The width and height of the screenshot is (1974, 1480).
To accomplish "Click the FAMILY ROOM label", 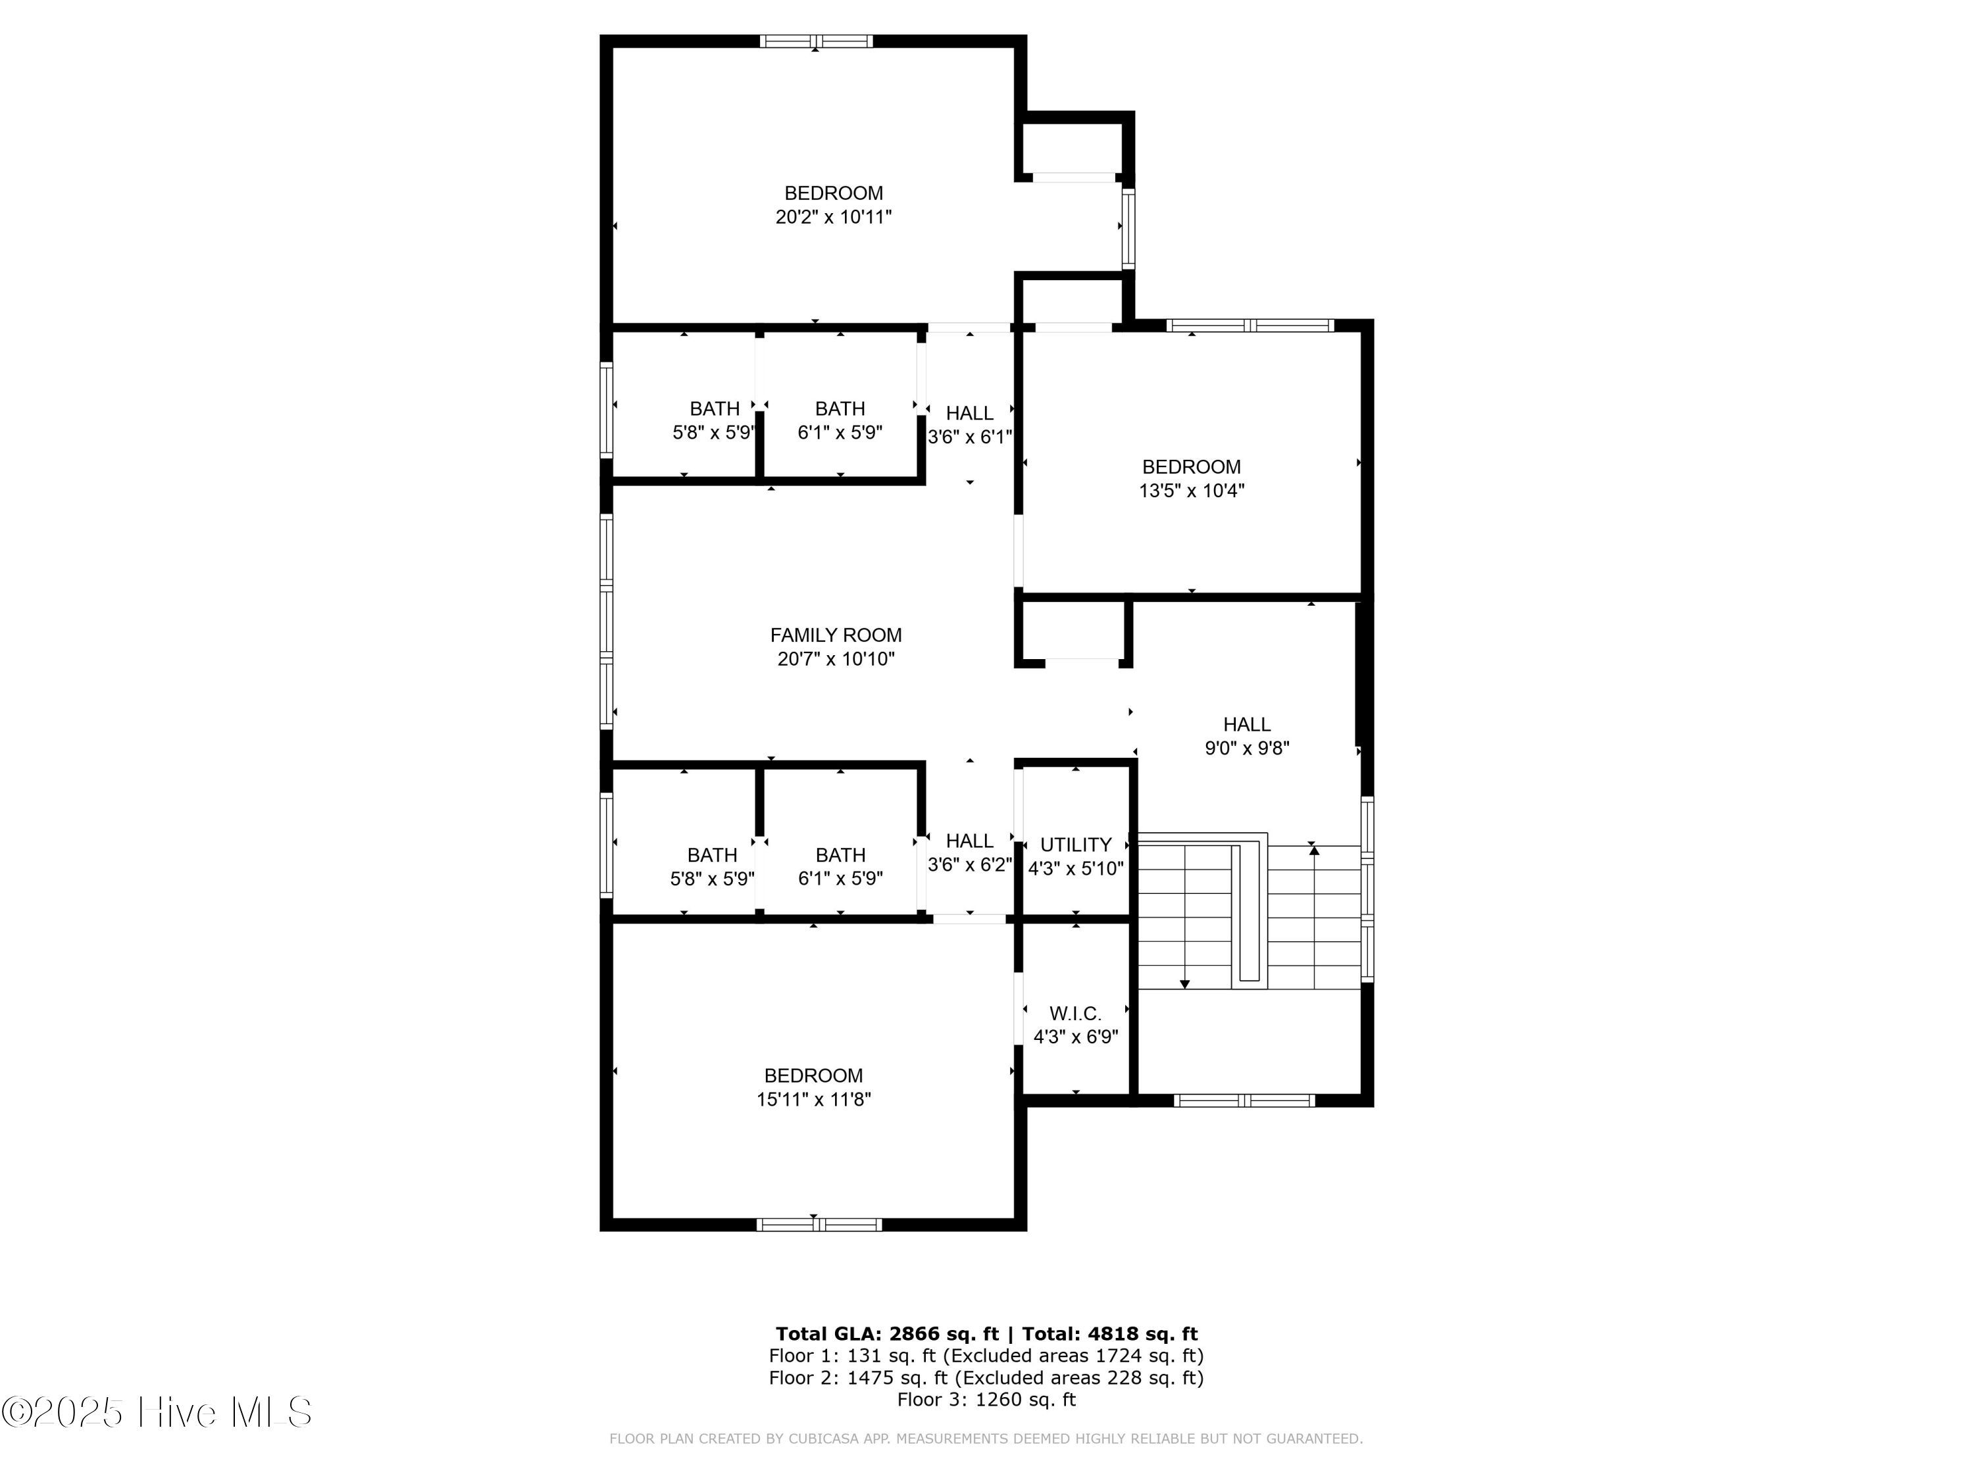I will point(835,635).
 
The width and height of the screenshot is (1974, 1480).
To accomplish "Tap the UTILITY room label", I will point(1075,845).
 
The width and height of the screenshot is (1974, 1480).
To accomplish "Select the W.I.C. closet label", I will point(1075,1014).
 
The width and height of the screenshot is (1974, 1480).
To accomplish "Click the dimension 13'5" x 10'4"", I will point(1192,491).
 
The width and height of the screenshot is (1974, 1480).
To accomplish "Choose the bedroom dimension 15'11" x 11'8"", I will point(813,1099).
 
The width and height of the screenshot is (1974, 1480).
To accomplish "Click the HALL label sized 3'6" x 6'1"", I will point(969,413).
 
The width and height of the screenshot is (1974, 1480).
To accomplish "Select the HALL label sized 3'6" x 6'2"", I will point(969,841).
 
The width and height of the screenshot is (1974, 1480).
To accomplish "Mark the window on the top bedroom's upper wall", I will point(816,41).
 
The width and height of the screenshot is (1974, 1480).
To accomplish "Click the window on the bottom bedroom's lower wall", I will point(819,1224).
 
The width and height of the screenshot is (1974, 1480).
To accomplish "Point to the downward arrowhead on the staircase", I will point(1184,984).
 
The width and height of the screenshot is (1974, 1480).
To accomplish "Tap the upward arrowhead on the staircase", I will point(1313,851).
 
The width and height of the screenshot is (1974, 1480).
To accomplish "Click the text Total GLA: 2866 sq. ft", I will point(886,1334).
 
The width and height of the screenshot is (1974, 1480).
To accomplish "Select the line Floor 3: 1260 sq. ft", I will point(986,1400).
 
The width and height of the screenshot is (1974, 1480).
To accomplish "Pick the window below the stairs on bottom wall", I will point(1244,1101).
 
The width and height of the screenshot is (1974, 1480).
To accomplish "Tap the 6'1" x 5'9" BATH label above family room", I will point(840,408).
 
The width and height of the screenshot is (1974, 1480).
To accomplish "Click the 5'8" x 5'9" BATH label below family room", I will point(712,854).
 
